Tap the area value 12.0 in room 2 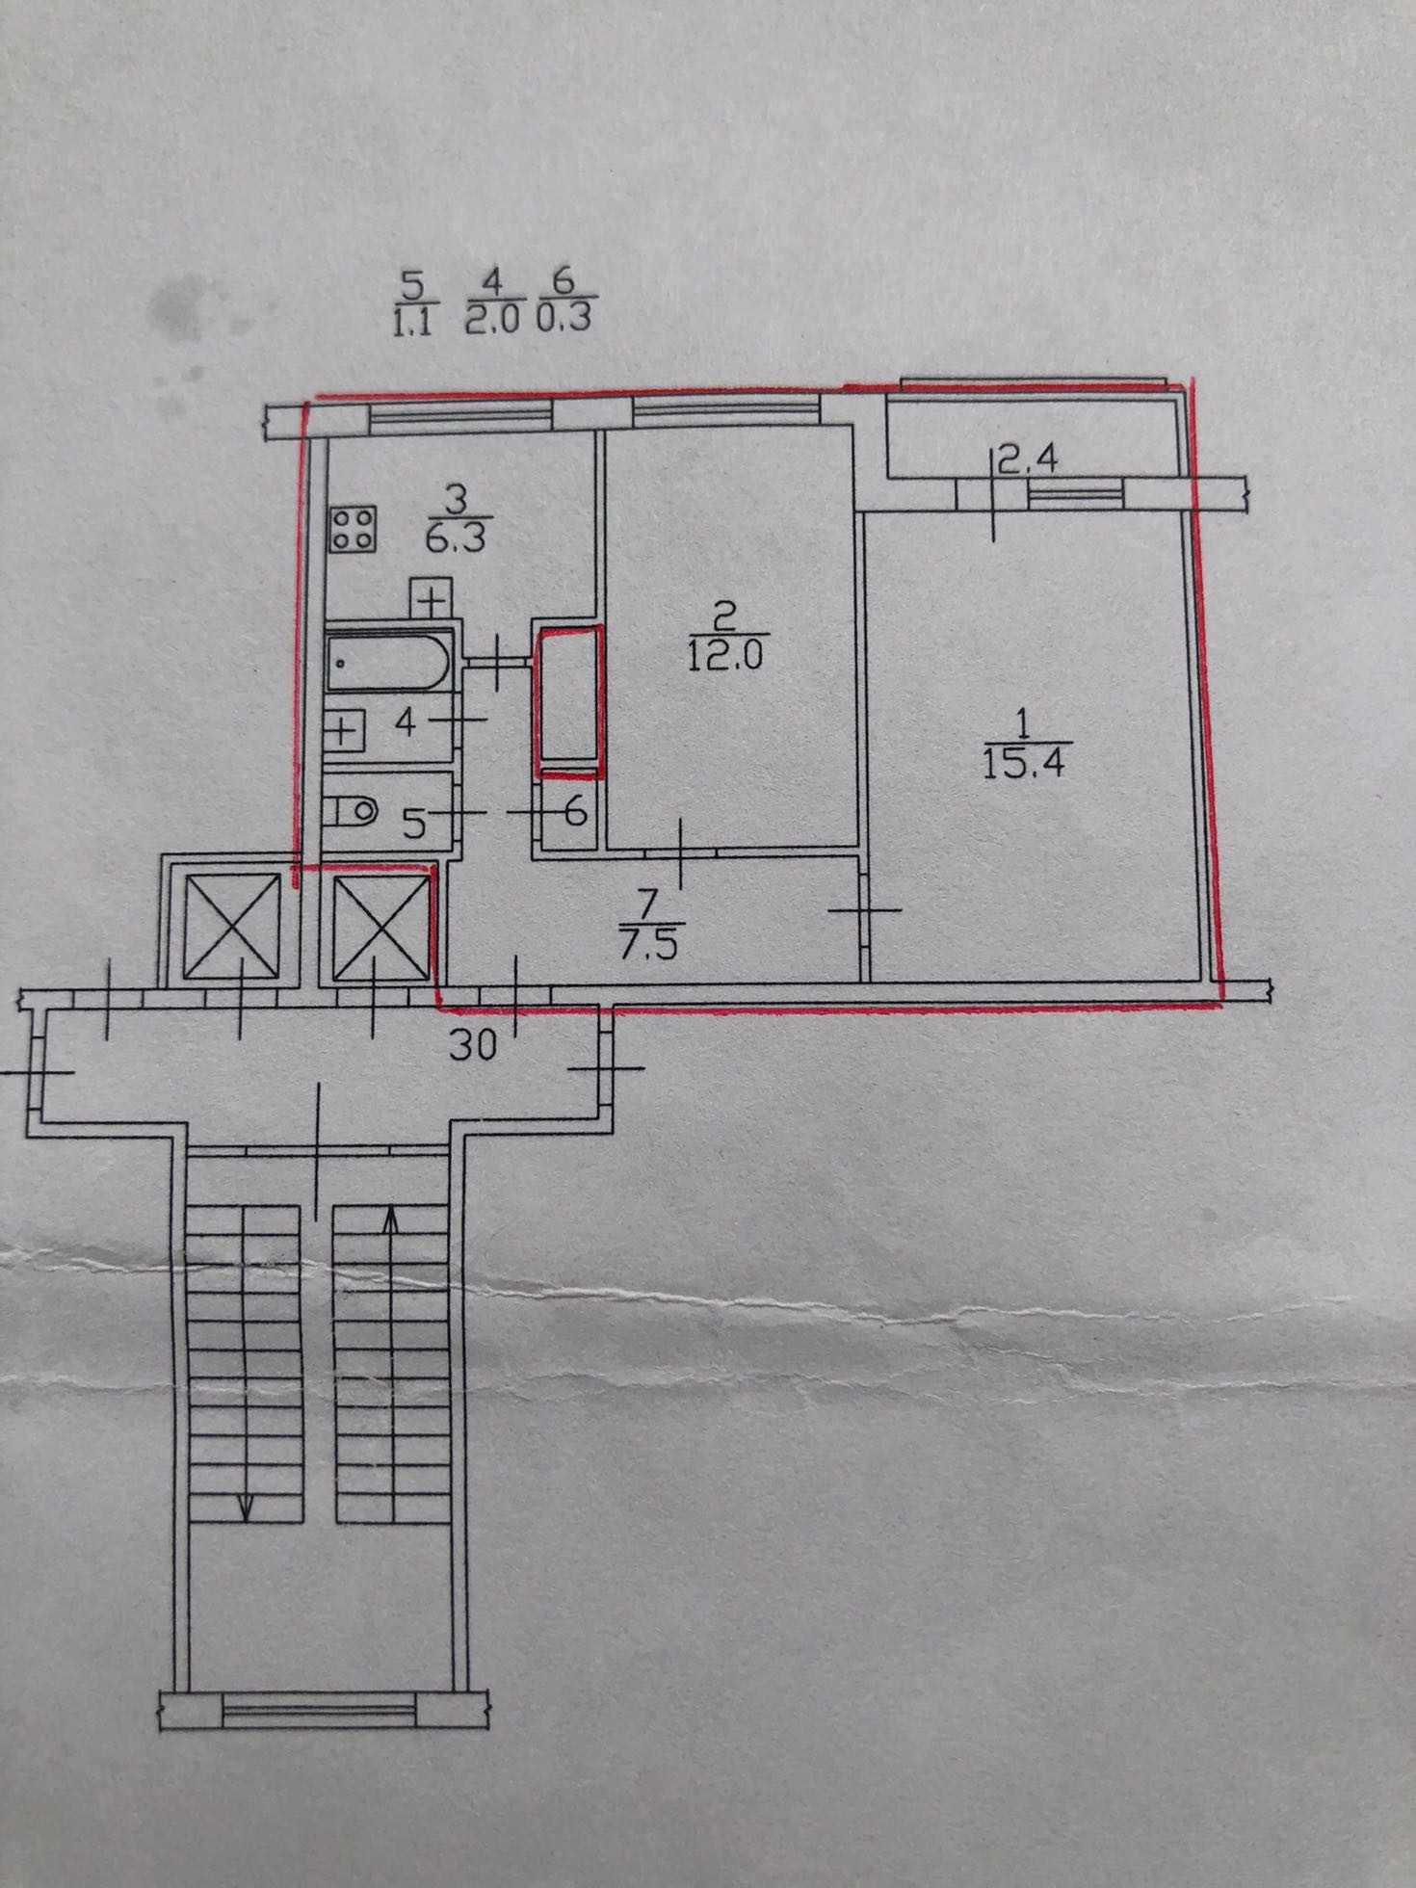pyautogui.click(x=725, y=656)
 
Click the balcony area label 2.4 pyautogui.click(x=1027, y=459)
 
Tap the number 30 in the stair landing pyautogui.click(x=472, y=1045)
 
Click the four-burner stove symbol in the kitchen pyautogui.click(x=353, y=529)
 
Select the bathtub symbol pyautogui.click(x=388, y=661)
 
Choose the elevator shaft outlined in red pyautogui.click(x=381, y=926)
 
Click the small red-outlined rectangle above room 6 pyautogui.click(x=571, y=700)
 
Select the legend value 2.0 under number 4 pyautogui.click(x=491, y=319)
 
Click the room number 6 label pyautogui.click(x=575, y=811)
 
